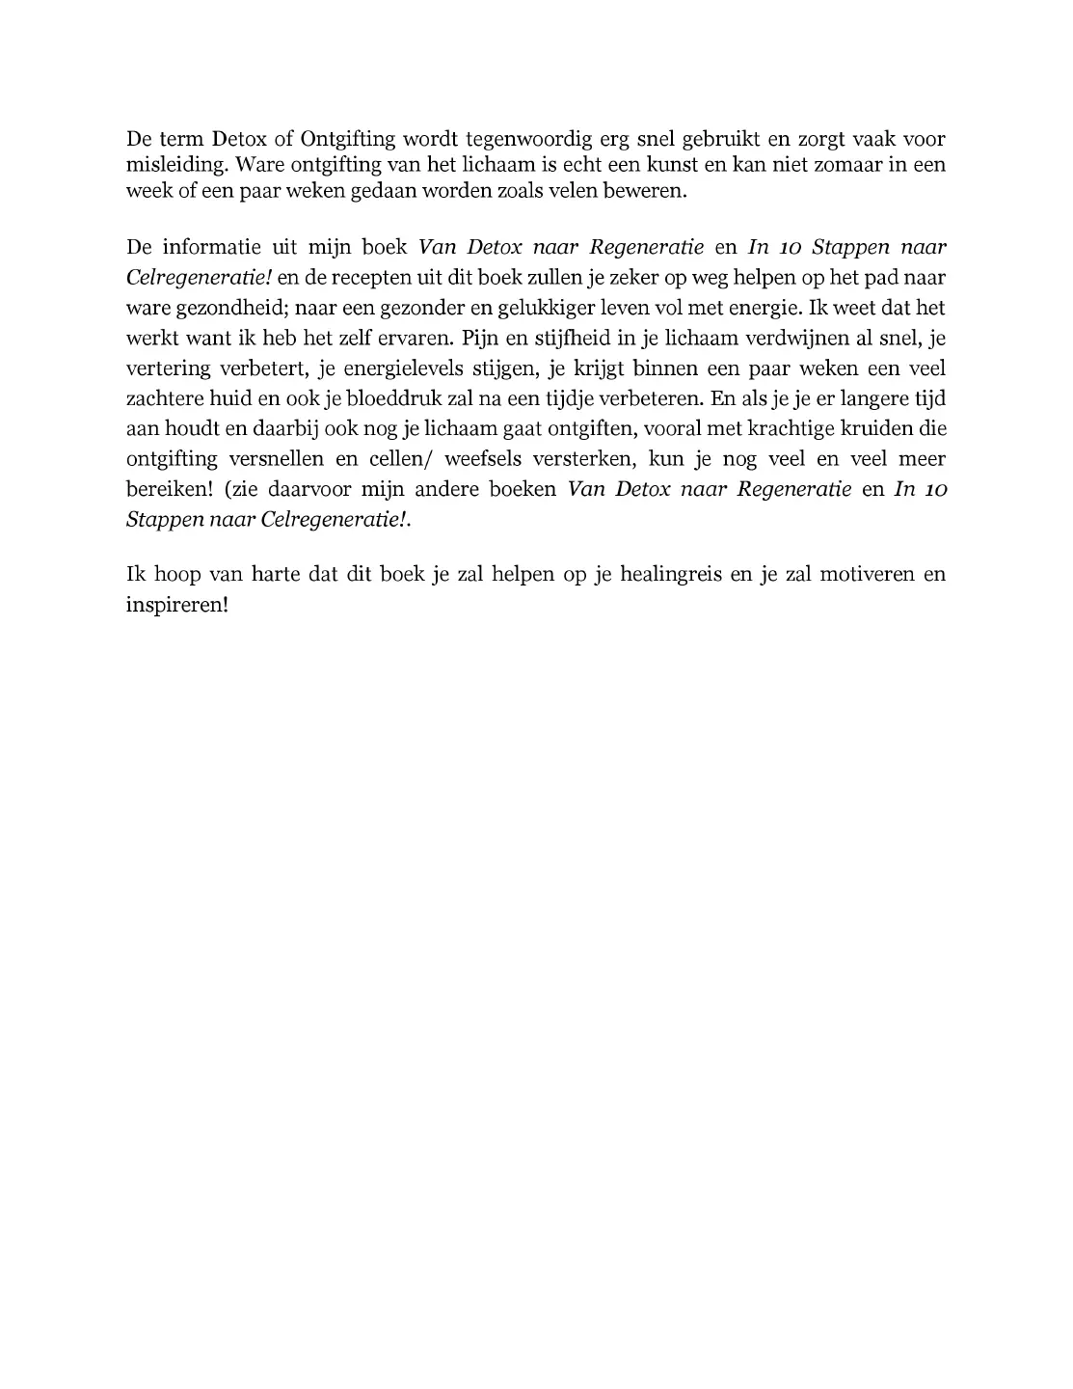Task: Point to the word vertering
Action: [172, 369]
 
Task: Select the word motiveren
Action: [865, 576]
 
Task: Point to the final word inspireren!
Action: [177, 607]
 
